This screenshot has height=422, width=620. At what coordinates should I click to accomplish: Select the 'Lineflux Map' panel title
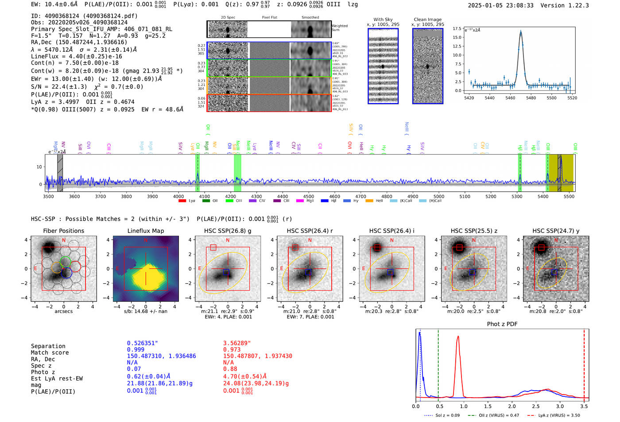[145, 231]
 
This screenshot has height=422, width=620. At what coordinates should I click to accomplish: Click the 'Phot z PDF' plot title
[502, 324]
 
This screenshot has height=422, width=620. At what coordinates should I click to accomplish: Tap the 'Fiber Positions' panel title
[63, 231]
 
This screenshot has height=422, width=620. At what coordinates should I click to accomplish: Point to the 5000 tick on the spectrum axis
[438, 196]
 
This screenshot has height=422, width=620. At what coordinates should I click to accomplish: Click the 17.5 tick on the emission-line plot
[457, 28]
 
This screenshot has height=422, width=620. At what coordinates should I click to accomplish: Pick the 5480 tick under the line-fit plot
[531, 98]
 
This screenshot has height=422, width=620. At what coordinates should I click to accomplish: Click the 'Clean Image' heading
[427, 19]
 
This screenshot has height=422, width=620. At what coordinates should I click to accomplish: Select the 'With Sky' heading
[383, 19]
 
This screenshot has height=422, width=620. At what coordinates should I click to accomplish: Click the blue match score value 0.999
[136, 349]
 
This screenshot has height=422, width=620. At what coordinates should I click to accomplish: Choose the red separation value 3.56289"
[236, 343]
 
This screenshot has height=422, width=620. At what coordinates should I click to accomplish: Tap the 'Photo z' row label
[43, 372]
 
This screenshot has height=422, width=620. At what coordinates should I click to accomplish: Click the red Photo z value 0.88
[230, 369]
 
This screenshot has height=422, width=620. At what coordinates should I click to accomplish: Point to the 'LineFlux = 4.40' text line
[76, 56]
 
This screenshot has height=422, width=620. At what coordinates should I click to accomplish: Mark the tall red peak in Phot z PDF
[458, 337]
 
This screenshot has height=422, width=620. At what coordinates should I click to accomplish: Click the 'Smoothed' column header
[310, 18]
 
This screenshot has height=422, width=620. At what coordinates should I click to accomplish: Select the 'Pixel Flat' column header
[269, 18]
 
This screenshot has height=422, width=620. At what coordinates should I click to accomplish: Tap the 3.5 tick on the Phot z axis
[584, 406]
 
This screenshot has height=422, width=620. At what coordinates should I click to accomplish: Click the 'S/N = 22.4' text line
[87, 87]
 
